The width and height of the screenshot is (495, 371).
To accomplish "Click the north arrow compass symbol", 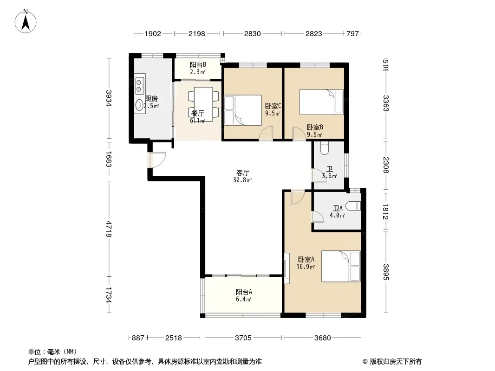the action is tap(26, 21).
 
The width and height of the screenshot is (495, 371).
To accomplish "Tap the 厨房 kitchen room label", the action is tap(151, 99).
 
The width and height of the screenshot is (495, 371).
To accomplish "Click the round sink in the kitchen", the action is tap(139, 105).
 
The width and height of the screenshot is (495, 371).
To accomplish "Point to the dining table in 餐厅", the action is tap(203, 104).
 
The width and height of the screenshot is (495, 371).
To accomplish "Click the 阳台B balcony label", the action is tap(198, 64).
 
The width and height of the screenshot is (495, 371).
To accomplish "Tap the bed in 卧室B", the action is tap(321, 102).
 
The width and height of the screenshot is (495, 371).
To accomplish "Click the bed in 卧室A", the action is tap(341, 266).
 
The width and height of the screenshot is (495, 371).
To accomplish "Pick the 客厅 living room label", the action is tap(243, 173).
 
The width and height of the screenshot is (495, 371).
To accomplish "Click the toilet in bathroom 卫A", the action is tap(353, 206).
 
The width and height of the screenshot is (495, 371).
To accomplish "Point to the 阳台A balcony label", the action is tap(244, 292).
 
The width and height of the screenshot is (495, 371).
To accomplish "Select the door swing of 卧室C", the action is tap(266, 133).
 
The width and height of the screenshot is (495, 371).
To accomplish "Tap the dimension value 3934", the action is tap(109, 98).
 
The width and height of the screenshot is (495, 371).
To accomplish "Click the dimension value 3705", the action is tap(243, 338).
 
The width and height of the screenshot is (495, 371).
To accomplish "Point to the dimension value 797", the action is tap(352, 33).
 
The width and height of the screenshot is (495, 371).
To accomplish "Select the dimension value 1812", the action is tap(385, 212).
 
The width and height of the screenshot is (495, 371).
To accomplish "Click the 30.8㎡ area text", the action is tap(242, 180).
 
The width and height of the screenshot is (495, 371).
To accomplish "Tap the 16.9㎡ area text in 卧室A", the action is tap(306, 267).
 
